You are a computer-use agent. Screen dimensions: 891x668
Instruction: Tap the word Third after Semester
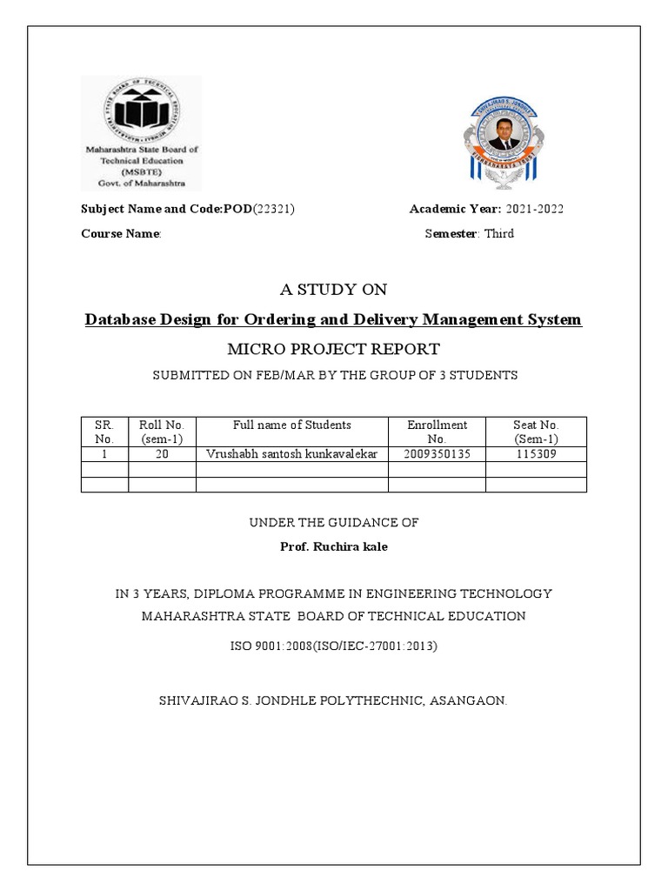pos(498,233)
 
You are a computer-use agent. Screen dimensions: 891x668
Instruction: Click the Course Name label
pos(121,233)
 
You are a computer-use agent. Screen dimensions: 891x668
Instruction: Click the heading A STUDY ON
pos(334,290)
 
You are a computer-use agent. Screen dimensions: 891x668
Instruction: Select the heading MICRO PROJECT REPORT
pos(334,349)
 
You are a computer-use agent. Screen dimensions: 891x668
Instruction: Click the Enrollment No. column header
pos(437,432)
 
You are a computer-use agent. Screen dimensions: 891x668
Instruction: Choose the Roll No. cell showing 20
pos(163,454)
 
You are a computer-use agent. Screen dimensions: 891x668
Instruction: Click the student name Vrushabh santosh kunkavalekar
pos(292,454)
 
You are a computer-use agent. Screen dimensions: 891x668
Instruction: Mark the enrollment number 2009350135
pos(437,454)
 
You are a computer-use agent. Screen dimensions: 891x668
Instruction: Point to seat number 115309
pos(536,454)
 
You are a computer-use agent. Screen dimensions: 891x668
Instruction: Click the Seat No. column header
pos(536,432)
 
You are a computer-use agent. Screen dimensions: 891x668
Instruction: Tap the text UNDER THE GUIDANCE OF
pos(334,523)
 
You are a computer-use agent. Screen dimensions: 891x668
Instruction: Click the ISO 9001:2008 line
pos(334,646)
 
